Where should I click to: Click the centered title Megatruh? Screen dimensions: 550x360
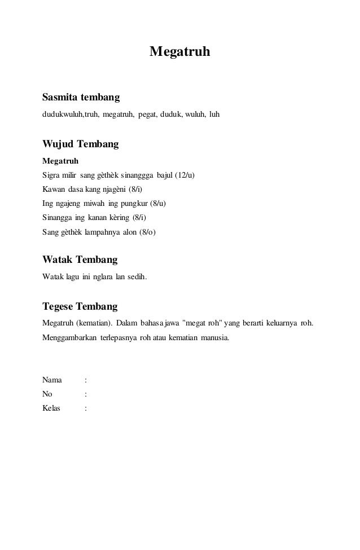(x=179, y=52)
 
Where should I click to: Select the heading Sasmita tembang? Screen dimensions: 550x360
(x=81, y=98)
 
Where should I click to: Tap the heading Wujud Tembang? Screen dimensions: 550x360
(x=81, y=144)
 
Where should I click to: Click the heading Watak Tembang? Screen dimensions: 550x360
(x=80, y=260)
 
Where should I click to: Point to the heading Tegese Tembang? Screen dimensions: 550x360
(x=80, y=307)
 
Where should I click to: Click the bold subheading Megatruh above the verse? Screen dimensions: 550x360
(x=60, y=161)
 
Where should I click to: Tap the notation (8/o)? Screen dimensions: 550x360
(x=147, y=231)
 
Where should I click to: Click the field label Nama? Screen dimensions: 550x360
(x=52, y=380)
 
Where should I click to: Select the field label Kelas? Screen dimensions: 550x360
(x=52, y=407)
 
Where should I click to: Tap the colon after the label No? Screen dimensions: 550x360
(x=85, y=394)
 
